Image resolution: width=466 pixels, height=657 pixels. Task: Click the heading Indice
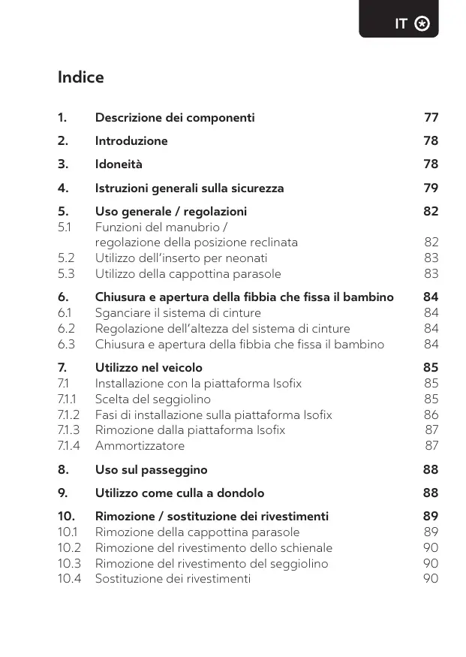[80, 77]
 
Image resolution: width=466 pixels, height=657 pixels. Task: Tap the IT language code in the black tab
[401, 24]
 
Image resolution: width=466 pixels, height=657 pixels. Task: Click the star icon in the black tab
[422, 24]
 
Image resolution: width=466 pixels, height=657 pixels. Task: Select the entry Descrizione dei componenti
[175, 118]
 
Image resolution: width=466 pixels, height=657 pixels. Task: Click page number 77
[431, 118]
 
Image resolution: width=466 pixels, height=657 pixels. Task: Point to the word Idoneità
[119, 164]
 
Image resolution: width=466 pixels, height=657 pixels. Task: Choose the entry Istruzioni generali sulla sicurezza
[189, 188]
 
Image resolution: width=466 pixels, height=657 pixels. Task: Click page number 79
[431, 188]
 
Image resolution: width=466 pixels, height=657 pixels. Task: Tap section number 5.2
[66, 258]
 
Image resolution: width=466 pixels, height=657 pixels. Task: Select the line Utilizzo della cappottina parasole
[188, 274]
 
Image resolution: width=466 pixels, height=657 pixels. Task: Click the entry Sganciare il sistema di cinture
[178, 313]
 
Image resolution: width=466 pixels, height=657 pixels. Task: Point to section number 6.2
[66, 329]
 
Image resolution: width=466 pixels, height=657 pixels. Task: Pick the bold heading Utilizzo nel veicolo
[149, 368]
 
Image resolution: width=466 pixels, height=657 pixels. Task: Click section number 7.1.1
[68, 399]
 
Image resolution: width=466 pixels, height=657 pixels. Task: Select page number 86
[431, 415]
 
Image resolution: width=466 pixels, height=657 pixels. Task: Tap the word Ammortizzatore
[140, 446]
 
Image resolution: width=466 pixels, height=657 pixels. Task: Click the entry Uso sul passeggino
[151, 470]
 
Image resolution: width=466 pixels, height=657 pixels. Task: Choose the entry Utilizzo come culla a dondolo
[179, 493]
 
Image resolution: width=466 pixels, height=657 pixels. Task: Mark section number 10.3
[69, 563]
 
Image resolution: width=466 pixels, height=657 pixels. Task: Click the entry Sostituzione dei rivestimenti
[173, 579]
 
